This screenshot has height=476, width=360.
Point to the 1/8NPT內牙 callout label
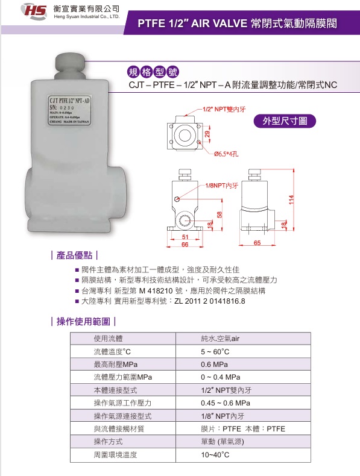tap(222, 186)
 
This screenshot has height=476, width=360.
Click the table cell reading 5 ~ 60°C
tap(215, 351)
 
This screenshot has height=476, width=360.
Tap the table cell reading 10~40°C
tap(215, 455)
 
